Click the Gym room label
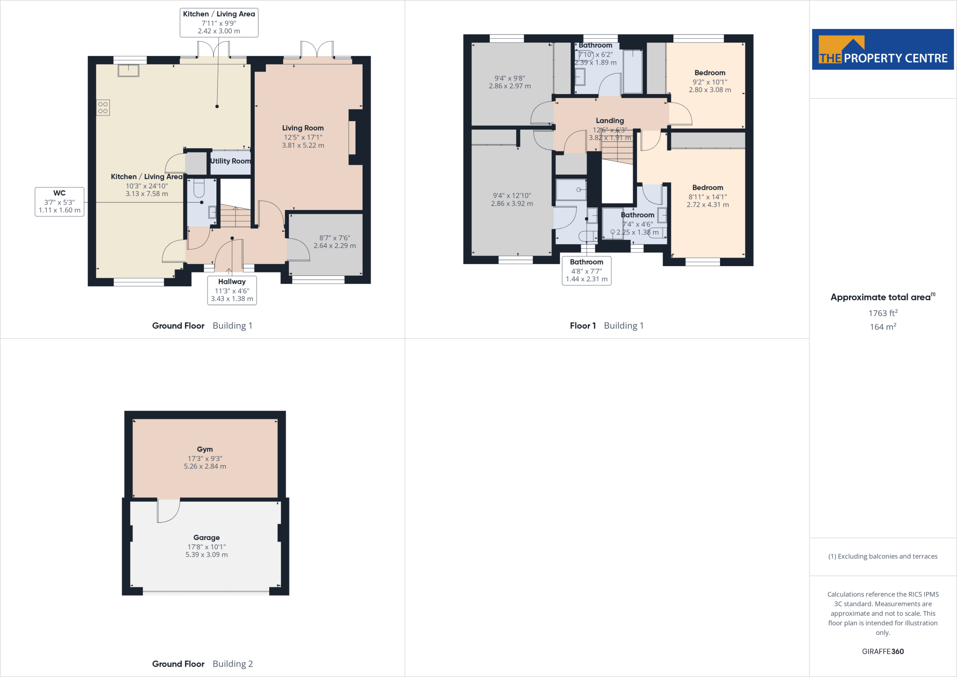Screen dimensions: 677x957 tap(205, 449)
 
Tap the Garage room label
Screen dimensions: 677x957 tap(207, 538)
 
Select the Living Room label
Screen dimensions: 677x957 tap(303, 128)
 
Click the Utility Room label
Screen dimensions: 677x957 tap(230, 161)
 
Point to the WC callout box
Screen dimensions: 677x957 tap(59, 202)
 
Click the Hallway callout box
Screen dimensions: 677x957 tap(232, 290)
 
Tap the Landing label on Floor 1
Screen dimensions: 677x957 tap(610, 121)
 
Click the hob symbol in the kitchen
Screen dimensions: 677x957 tap(103, 108)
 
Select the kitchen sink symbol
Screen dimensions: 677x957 tap(128, 70)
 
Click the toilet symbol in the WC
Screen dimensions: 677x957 tap(199, 188)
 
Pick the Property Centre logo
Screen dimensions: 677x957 tap(883, 50)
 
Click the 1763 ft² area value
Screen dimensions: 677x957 tap(883, 313)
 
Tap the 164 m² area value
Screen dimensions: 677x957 tap(883, 327)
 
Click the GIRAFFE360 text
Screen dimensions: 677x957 tap(883, 651)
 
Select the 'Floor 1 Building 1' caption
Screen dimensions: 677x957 tap(607, 326)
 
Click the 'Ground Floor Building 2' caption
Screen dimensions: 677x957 tap(202, 664)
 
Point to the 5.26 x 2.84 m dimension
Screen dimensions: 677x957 tap(205, 467)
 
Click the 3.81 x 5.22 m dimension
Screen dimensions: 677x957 tap(303, 145)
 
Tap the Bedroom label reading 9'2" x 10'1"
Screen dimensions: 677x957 tap(710, 73)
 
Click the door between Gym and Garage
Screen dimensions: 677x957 tap(168, 511)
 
